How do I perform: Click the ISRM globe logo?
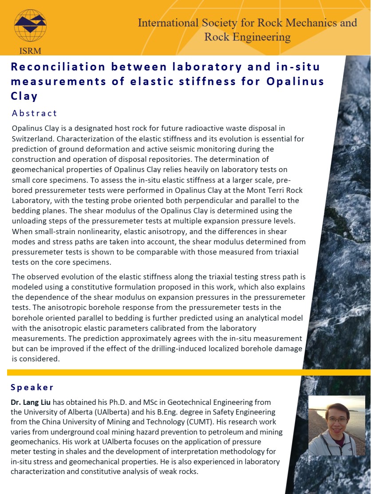[30, 25]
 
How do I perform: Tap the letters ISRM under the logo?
[30, 50]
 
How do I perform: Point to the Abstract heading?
[35, 113]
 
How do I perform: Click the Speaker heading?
[32, 387]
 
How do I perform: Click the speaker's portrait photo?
[336, 425]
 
